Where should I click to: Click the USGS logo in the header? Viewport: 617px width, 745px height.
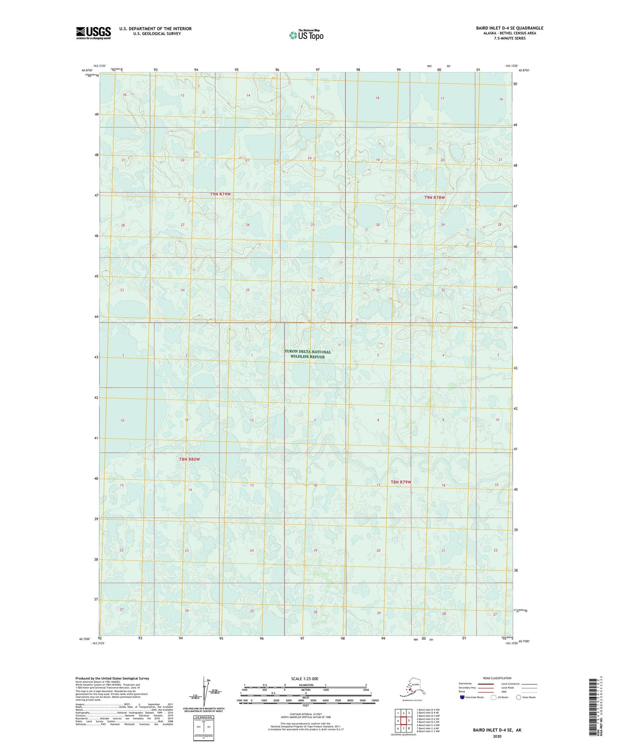click(x=93, y=33)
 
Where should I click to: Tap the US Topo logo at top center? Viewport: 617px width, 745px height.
click(x=306, y=35)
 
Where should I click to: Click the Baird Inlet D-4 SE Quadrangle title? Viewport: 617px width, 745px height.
click(x=509, y=28)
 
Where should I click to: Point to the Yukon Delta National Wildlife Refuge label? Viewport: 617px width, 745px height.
click(x=307, y=354)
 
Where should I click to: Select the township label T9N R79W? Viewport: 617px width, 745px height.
click(x=220, y=194)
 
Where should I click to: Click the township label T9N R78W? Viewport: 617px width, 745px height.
click(x=435, y=198)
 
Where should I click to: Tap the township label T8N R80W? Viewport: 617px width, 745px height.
click(x=189, y=460)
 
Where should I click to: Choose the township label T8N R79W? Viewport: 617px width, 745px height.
click(x=401, y=482)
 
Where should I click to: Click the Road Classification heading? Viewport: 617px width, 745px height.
click(x=497, y=678)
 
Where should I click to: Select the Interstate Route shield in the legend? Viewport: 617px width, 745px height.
click(x=462, y=697)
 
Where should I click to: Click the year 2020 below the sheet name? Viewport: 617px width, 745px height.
click(x=497, y=736)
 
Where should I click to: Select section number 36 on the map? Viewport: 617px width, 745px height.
click(x=313, y=290)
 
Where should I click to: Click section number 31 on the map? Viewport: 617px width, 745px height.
click(x=378, y=290)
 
